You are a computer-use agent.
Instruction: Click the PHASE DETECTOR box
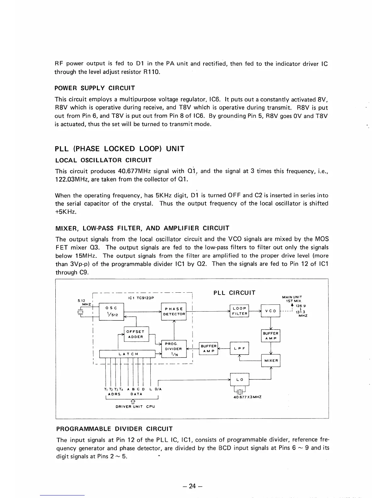pyautogui.click(x=174, y=311)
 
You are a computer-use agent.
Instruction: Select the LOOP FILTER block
pyautogui.click(x=239, y=311)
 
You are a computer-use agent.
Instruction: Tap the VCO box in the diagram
pyautogui.click(x=271, y=311)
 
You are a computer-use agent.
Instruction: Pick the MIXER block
pyautogui.click(x=271, y=360)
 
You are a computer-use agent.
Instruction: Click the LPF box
pyautogui.click(x=239, y=348)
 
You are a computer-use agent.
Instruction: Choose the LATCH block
pyautogui.click(x=127, y=354)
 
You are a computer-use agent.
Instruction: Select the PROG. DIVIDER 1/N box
pyautogui.click(x=174, y=349)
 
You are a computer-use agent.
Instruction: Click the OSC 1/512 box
pyautogui.click(x=112, y=311)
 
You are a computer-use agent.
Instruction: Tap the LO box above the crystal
pyautogui.click(x=240, y=379)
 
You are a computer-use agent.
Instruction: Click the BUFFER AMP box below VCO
pyautogui.click(x=271, y=336)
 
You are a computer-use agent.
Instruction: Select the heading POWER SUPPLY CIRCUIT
pyautogui.click(x=95, y=88)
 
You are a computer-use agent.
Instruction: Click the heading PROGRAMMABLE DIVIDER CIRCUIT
pyautogui.click(x=114, y=429)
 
